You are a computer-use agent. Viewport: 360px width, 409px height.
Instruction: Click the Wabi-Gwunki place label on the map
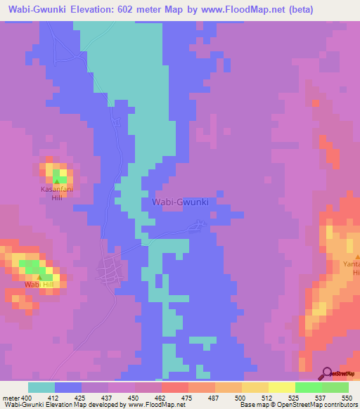click(x=181, y=202)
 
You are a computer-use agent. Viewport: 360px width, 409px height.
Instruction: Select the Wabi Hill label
click(x=39, y=285)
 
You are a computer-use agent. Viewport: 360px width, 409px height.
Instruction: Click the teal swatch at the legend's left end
click(x=41, y=387)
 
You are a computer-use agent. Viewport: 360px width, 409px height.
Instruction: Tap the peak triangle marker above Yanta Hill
click(x=356, y=257)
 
